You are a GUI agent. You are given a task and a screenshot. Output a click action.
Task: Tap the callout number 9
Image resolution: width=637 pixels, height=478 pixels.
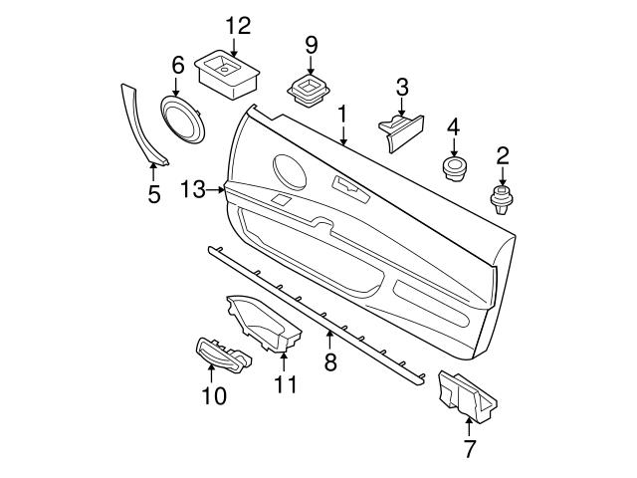(311, 44)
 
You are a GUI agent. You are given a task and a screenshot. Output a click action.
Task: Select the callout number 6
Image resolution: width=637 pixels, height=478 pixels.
(178, 66)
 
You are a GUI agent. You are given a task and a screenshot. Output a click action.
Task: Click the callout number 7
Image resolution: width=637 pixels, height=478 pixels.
(470, 448)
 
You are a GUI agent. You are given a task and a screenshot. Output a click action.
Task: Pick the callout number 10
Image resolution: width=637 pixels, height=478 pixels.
(214, 396)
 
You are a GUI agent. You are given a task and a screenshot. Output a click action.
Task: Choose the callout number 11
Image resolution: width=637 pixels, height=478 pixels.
(286, 384)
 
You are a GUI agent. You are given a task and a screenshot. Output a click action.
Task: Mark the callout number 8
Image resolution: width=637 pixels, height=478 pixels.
(331, 362)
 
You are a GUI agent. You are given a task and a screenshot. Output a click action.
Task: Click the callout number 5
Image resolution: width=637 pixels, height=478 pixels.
(154, 194)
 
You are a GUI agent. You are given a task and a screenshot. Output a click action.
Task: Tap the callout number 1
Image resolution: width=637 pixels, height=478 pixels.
(342, 115)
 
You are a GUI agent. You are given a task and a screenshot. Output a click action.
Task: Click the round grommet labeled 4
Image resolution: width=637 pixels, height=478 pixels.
(455, 166)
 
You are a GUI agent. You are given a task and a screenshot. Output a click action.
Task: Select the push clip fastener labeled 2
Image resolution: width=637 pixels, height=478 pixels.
(502, 196)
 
